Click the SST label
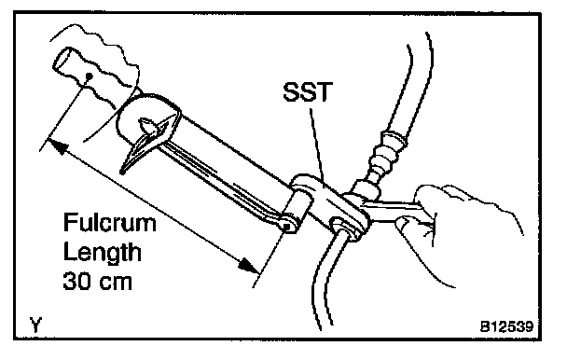coord(307,92)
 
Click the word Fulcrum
coord(109,223)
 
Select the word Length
coord(102,252)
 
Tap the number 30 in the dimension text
coord(75,281)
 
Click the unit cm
coord(114,283)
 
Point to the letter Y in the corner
coord(35,325)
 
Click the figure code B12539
coord(507,326)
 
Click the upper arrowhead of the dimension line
coord(59,145)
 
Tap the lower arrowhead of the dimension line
coord(249,265)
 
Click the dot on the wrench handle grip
coord(88,76)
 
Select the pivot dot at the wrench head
coord(286,227)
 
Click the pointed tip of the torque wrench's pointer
coord(123,173)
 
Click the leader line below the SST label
coord(317,145)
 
